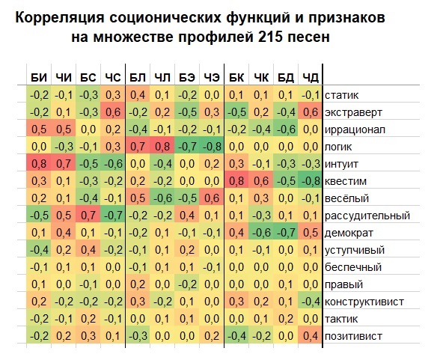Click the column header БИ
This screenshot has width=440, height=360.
tap(39, 77)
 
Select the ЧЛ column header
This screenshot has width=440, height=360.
tap(162, 77)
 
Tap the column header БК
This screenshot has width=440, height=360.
tap(236, 77)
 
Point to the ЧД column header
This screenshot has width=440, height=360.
tap(311, 77)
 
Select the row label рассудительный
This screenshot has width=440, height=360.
tap(367, 216)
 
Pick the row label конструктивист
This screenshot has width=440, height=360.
tap(364, 302)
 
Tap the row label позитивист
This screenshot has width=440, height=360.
tap(353, 336)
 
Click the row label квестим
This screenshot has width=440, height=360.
tap(346, 181)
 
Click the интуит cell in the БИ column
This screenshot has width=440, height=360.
tap(39, 164)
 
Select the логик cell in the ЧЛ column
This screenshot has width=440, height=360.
tap(162, 147)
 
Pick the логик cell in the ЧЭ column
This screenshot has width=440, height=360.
tap(212, 147)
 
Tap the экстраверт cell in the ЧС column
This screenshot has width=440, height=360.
tap(113, 112)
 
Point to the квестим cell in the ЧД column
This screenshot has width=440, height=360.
tap(311, 181)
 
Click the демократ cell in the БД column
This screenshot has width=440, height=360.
tap(286, 233)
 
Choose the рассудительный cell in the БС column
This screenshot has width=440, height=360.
tap(88, 216)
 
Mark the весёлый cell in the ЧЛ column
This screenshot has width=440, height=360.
tap(162, 198)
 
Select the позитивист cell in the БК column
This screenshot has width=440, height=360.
tap(236, 336)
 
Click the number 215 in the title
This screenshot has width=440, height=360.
tap(270, 37)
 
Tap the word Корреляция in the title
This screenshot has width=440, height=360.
tap(60, 19)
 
